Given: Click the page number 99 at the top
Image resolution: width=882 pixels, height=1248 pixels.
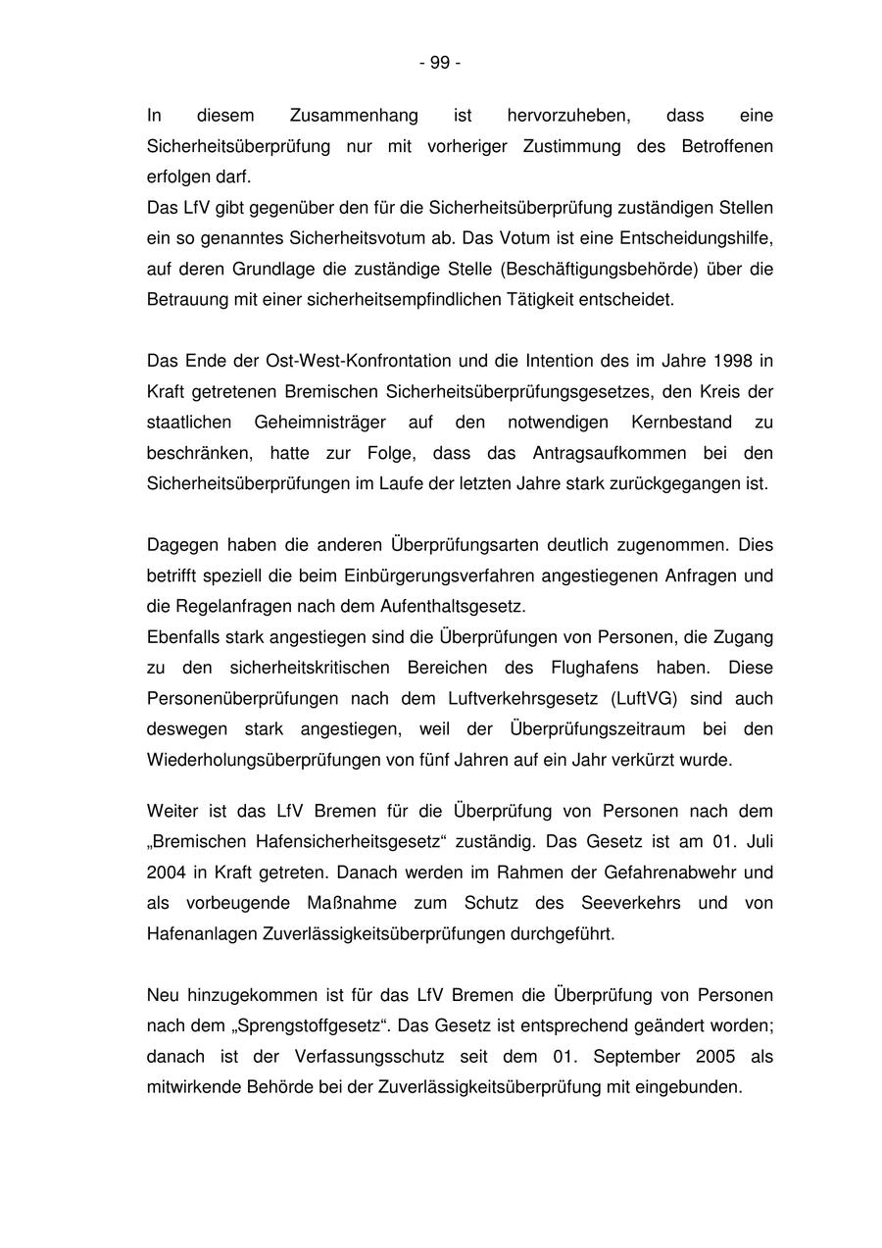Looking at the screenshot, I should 440,63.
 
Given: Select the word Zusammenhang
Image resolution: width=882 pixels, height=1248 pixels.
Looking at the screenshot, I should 354,116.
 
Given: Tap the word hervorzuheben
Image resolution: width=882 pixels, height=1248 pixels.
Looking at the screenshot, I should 568,116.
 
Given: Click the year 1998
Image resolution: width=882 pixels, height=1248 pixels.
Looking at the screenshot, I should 733,361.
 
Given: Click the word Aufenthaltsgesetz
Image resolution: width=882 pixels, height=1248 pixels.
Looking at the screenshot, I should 460,606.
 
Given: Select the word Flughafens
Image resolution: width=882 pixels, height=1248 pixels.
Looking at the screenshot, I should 623,668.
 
